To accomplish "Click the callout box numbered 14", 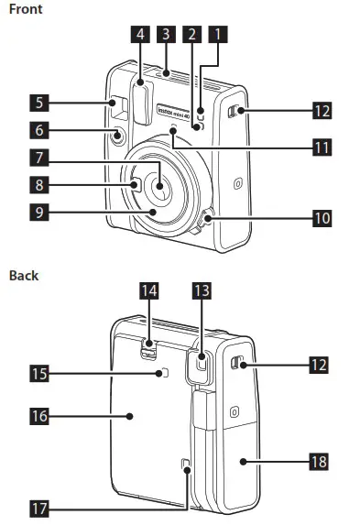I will pyautogui.click(x=149, y=291).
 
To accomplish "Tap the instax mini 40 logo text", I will pyautogui.click(x=177, y=110).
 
